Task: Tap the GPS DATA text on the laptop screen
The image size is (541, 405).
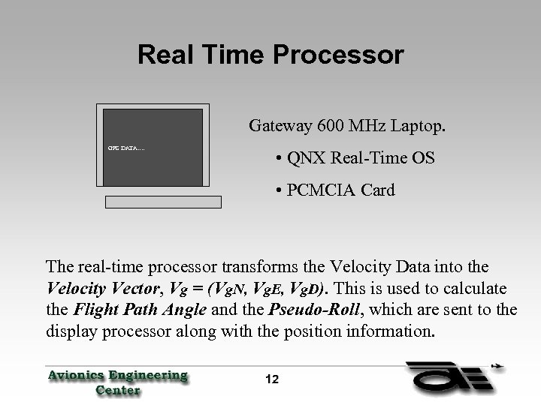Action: pos(126,147)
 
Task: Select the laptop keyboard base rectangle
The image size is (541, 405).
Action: pos(164,202)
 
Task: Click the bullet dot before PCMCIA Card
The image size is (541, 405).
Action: pos(279,190)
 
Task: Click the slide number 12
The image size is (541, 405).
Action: pos(271,379)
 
